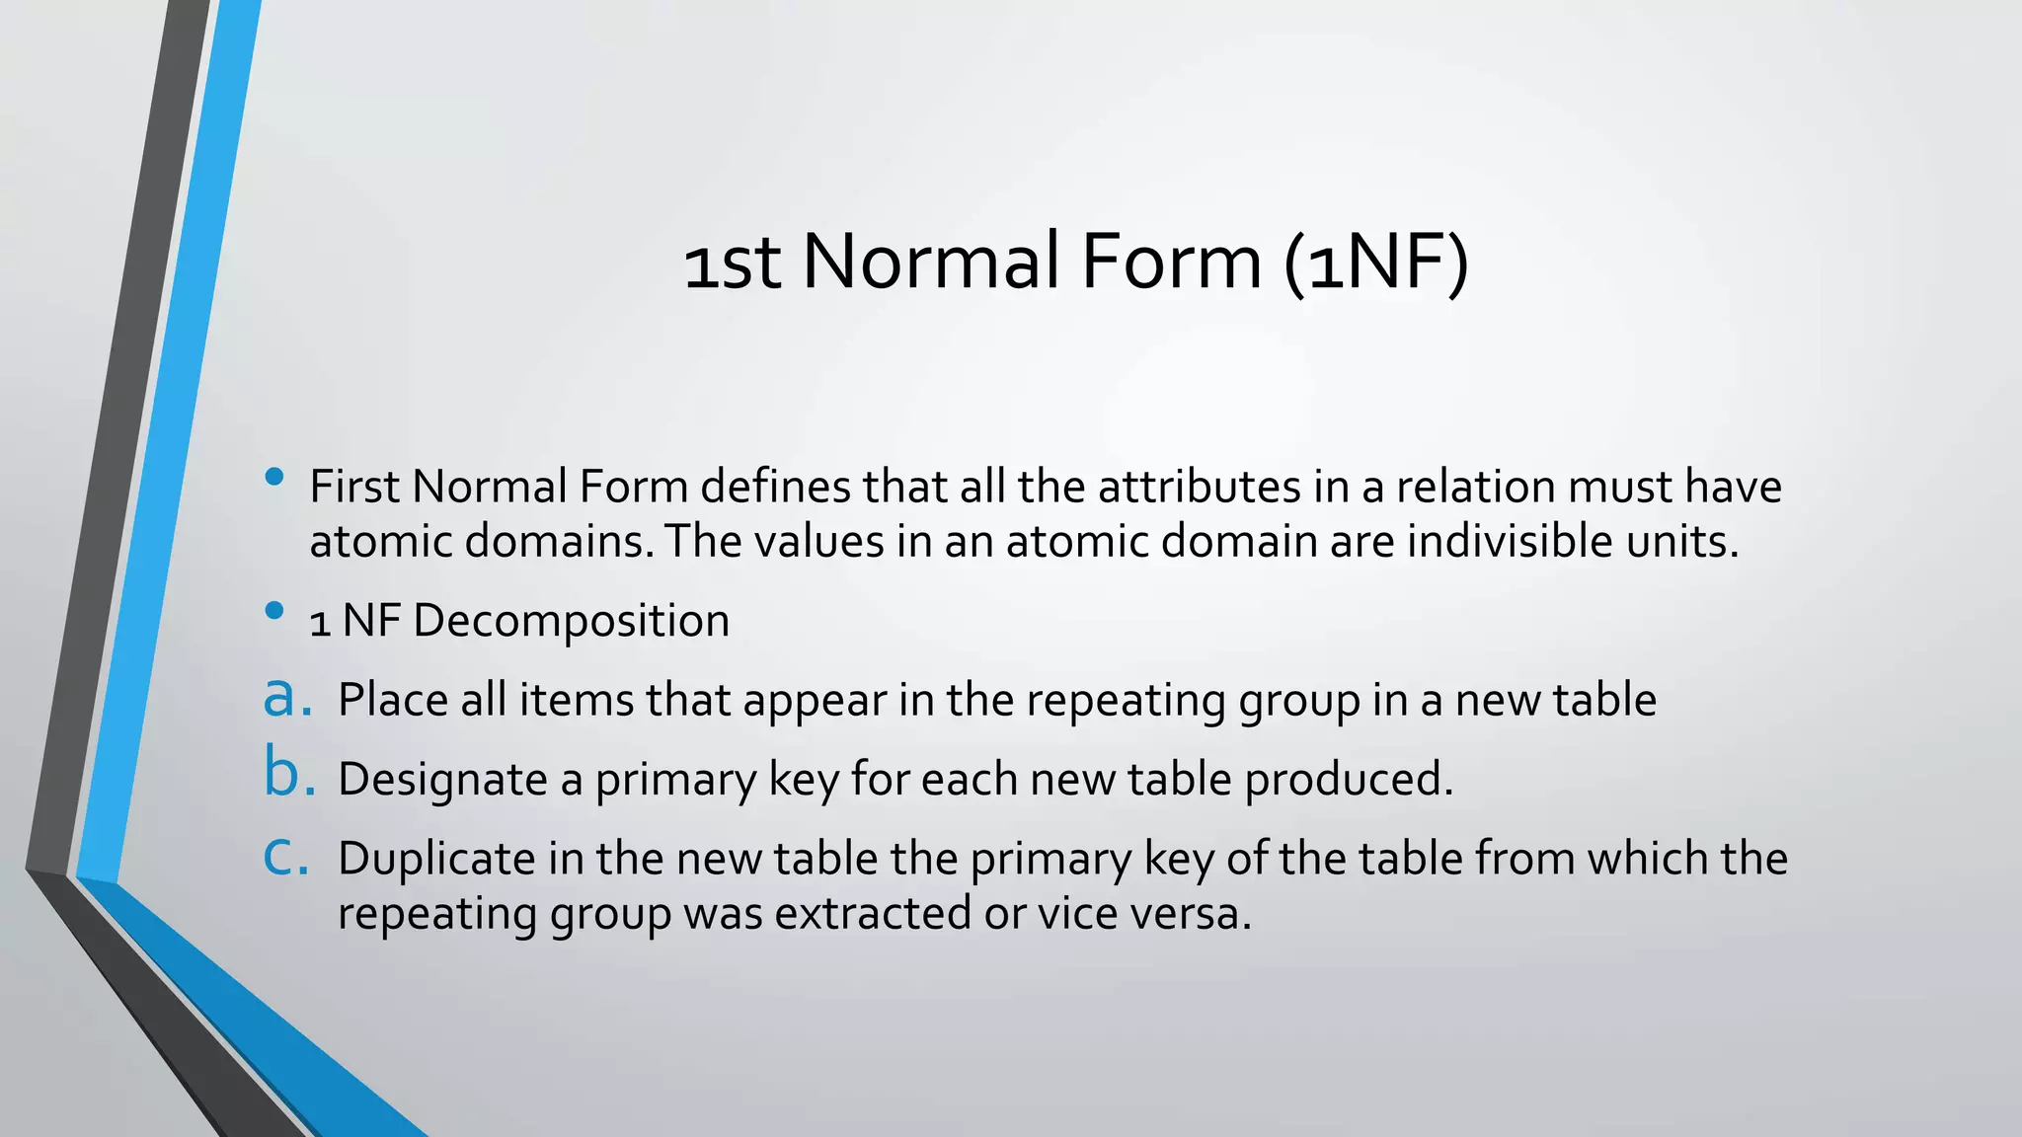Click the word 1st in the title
coord(733,265)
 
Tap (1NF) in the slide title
coord(1377,263)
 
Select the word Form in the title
coord(1171,263)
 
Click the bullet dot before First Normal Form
coord(274,478)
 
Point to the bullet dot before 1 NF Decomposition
coord(274,611)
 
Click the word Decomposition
coord(572,621)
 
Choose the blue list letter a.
coord(286,697)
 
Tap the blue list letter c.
coord(285,856)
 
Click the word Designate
coord(442,780)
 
